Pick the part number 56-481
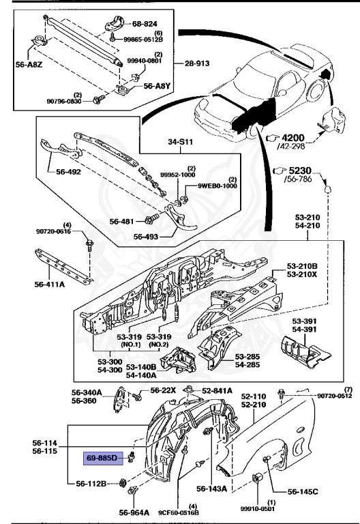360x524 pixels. tap(124, 221)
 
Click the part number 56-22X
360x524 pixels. tap(163, 390)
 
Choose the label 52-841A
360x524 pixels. tap(217, 390)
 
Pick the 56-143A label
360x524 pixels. tap(212, 489)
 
